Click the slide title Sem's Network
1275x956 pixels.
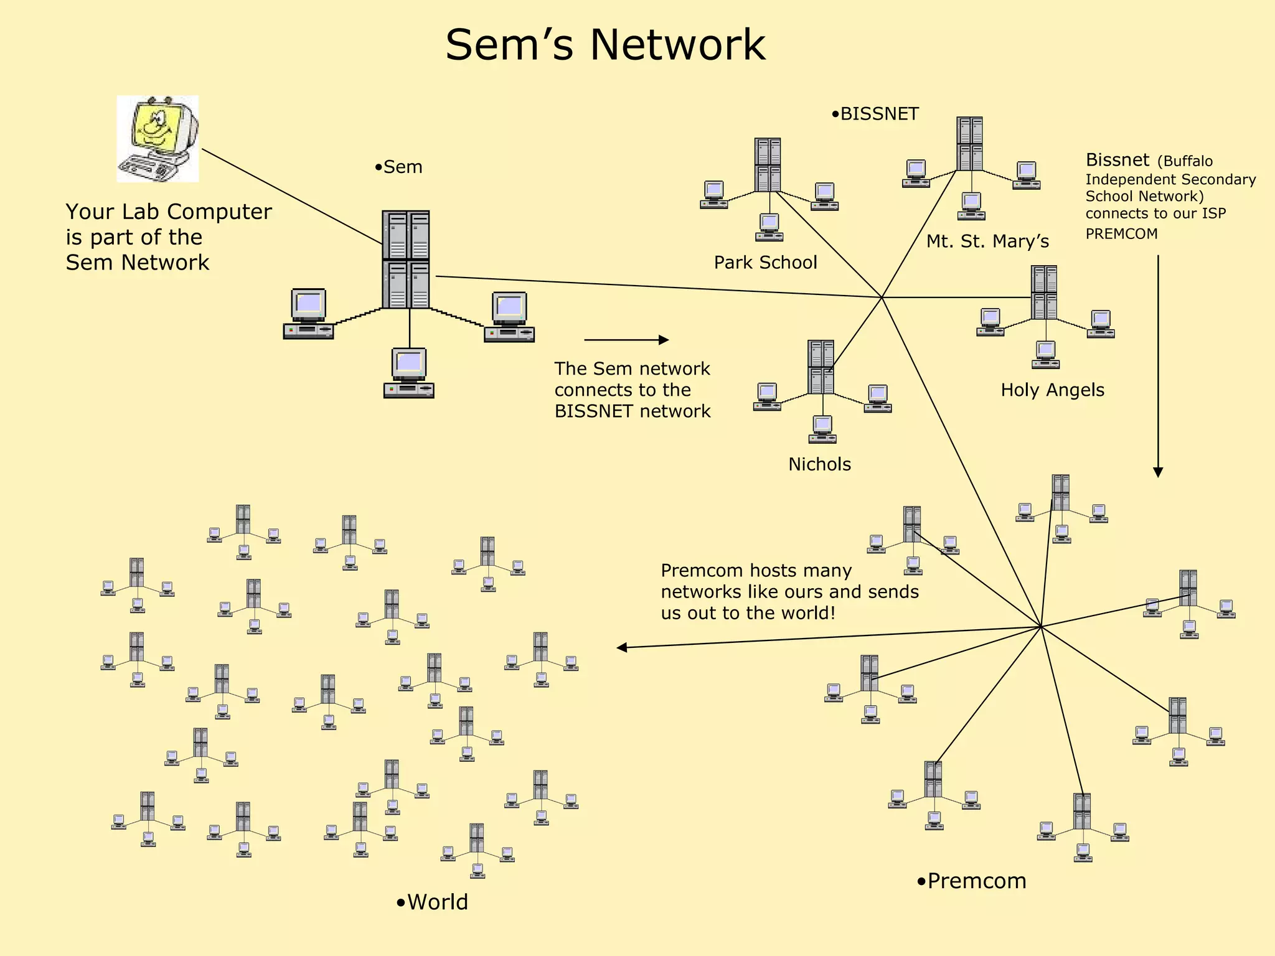pyautogui.click(x=605, y=45)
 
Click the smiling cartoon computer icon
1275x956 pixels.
pyautogui.click(x=158, y=138)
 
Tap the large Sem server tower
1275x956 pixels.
pyautogui.click(x=406, y=260)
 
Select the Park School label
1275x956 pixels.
pyautogui.click(x=765, y=263)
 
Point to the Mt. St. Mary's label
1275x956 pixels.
pyautogui.click(x=987, y=241)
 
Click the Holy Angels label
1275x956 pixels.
pyautogui.click(x=1052, y=390)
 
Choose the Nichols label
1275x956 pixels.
pyautogui.click(x=819, y=464)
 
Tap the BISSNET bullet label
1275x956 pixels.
pyautogui.click(x=875, y=114)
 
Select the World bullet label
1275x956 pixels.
pyautogui.click(x=433, y=902)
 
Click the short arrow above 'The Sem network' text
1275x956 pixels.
pyautogui.click(x=626, y=340)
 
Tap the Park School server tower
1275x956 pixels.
pyautogui.click(x=768, y=165)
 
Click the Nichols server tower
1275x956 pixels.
pyautogui.click(x=821, y=367)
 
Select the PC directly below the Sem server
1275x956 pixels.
pyautogui.click(x=408, y=373)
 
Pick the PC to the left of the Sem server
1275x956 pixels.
pyautogui.click(x=308, y=314)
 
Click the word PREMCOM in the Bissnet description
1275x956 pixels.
pyautogui.click(x=1121, y=234)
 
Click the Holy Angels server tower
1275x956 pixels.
pyautogui.click(x=1044, y=293)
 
